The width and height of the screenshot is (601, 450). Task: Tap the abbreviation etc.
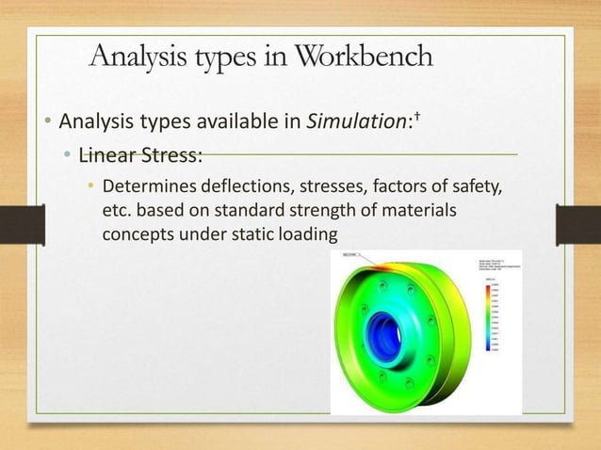coord(116,209)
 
